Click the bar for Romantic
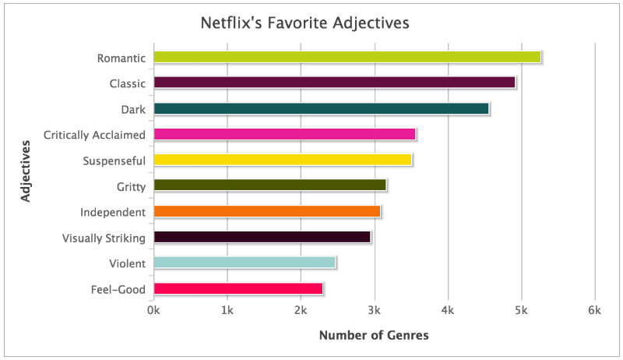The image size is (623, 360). click(347, 57)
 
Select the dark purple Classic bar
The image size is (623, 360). click(334, 83)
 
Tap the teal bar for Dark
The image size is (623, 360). click(321, 108)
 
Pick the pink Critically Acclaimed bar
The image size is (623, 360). click(284, 134)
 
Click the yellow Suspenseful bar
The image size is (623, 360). click(282, 160)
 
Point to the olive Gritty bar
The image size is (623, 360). click(269, 185)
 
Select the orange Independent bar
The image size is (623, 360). click(266, 211)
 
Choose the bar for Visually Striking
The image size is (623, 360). click(262, 237)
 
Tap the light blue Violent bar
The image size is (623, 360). click(244, 263)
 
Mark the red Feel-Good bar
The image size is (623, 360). click(238, 288)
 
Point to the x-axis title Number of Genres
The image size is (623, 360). click(374, 336)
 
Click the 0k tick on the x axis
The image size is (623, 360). click(153, 310)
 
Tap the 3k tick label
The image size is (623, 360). click(375, 310)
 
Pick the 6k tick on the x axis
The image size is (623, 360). click(595, 310)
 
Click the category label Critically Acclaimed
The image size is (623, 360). click(94, 135)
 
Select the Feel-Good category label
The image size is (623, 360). click(118, 289)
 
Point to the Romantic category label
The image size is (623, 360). click(121, 58)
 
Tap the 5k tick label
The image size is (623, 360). click(522, 310)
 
